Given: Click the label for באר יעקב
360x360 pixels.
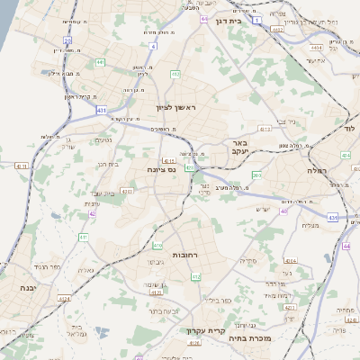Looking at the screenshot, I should [238, 148].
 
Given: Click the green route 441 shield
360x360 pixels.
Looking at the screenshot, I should [99, 62].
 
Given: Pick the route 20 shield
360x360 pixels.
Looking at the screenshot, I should [68, 40].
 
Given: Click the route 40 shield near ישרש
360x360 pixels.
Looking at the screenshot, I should [283, 211].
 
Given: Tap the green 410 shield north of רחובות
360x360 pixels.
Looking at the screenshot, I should [158, 245].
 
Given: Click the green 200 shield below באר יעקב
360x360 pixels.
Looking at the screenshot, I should [257, 175].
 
